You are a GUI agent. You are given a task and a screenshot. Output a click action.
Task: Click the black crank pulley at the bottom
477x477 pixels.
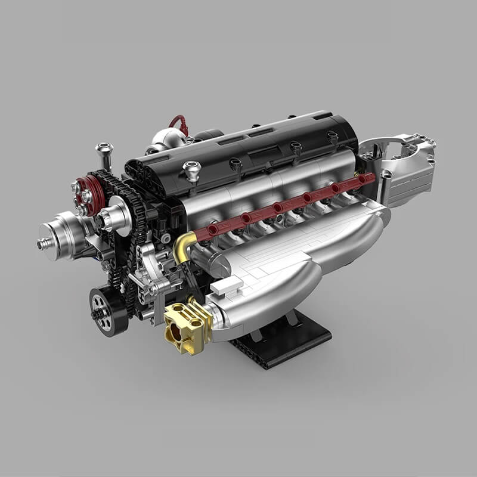108,311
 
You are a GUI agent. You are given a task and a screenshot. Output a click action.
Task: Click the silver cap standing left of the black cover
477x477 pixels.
105,154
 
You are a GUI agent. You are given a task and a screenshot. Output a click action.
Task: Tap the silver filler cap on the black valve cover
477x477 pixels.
191,170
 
